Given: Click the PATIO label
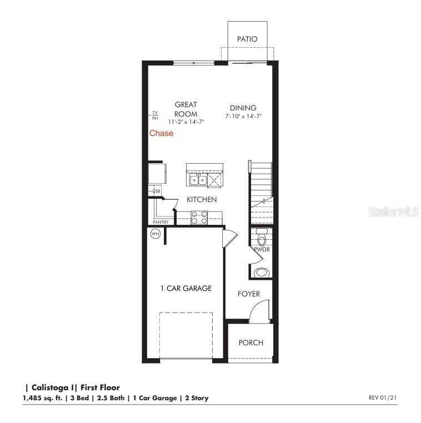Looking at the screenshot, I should click(247, 39).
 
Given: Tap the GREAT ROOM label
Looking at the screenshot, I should click(186, 109).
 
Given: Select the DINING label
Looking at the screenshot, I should click(243, 108).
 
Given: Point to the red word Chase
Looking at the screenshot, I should click(161, 133).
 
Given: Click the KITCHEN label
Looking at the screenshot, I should click(202, 199).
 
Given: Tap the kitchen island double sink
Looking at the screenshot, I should click(198, 180).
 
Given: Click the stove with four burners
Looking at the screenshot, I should click(199, 217).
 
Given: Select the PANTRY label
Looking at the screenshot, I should click(161, 223).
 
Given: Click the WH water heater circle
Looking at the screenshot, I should click(156, 234).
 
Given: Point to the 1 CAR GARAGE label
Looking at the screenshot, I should click(186, 288).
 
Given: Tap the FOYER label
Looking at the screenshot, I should click(249, 294).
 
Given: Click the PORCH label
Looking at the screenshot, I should click(251, 343).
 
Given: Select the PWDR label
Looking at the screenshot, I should click(262, 250).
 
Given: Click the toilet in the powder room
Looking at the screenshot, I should click(262, 238).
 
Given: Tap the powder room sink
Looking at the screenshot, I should click(262, 273).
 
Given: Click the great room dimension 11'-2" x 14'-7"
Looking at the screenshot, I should click(187, 121).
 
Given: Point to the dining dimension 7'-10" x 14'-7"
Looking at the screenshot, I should click(243, 117).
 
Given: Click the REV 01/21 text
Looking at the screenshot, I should click(383, 397).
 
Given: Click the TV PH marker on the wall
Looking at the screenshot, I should click(155, 115).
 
